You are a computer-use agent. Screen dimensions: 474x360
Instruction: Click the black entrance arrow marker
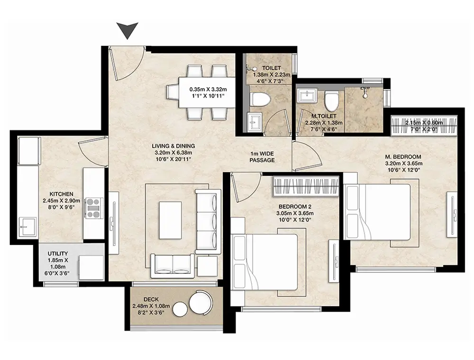click(128, 30)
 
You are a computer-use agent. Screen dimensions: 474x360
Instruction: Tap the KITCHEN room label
click(62, 194)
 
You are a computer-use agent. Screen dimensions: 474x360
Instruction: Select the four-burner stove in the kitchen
click(94, 208)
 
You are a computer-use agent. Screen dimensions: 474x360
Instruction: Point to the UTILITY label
click(58, 254)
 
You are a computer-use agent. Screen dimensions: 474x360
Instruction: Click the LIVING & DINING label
click(173, 146)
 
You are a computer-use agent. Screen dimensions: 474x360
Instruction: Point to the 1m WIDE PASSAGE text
click(262, 157)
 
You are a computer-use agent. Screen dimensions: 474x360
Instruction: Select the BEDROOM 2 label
click(295, 207)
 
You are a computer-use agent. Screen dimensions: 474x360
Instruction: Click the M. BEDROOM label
click(403, 157)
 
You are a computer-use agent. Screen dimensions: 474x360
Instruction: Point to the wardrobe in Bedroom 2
click(306, 186)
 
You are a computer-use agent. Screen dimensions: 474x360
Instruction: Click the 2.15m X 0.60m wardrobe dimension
click(424, 123)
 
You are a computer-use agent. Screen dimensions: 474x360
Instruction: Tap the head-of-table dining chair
click(172, 92)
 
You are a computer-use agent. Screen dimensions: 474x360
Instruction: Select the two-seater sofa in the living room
click(173, 266)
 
